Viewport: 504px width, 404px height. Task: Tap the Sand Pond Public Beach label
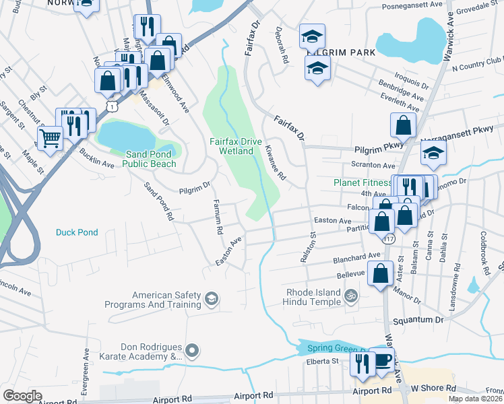(x=151, y=159)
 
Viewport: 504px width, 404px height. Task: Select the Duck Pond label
(x=77, y=233)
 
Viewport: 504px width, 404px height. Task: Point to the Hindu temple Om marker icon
(x=351, y=296)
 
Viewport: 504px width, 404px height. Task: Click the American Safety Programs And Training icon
(x=211, y=299)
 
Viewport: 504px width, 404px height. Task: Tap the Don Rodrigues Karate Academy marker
(x=192, y=350)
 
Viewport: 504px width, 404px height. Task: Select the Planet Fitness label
(x=363, y=182)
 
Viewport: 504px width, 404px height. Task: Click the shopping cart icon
(x=49, y=139)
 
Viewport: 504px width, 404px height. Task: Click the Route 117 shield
(x=388, y=239)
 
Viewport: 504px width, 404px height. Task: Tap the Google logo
(x=22, y=396)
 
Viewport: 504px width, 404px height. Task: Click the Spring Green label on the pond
(x=332, y=348)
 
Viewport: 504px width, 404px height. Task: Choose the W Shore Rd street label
(x=434, y=389)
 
